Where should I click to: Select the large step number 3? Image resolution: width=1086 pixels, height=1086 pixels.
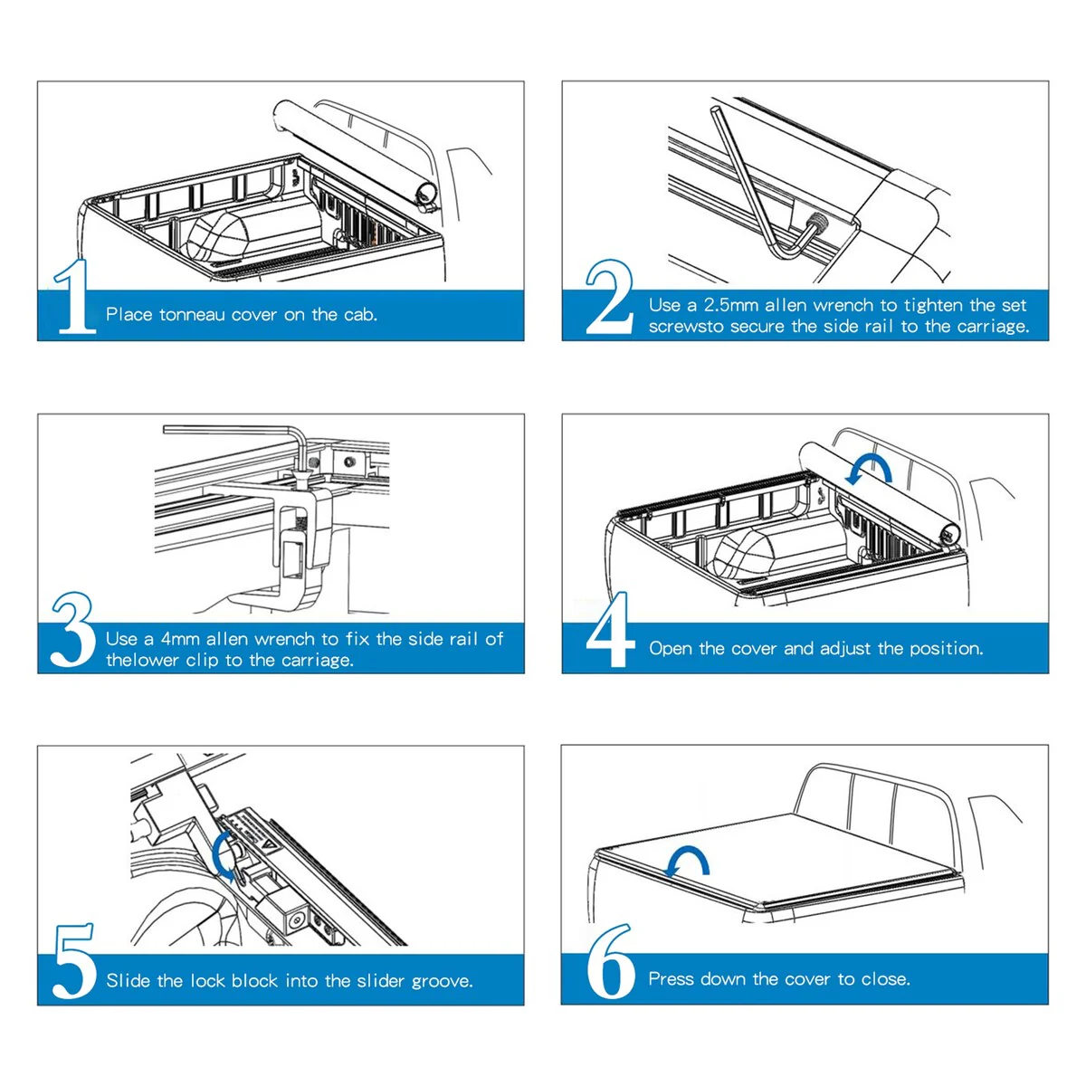(72, 630)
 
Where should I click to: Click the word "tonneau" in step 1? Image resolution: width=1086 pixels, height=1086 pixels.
(192, 315)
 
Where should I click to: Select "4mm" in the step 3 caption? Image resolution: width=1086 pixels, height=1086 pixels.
(180, 639)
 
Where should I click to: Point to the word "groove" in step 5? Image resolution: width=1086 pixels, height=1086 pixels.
(440, 981)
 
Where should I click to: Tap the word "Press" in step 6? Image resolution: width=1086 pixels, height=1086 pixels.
(671, 979)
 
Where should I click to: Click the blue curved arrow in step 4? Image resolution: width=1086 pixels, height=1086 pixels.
(869, 469)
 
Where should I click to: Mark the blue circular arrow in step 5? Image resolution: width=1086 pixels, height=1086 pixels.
(224, 855)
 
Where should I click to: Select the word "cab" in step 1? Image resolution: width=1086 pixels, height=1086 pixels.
(359, 315)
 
